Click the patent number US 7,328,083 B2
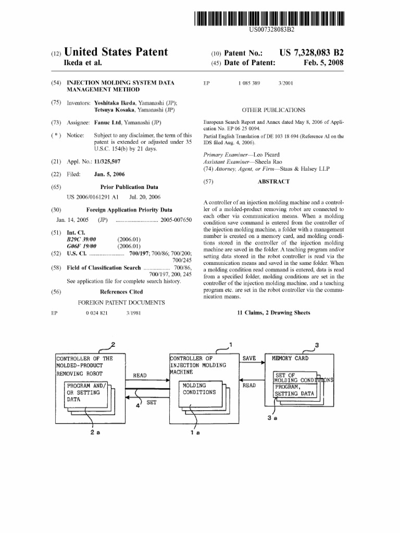311,53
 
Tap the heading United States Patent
116,52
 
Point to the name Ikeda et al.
82,64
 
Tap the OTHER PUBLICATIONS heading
273,110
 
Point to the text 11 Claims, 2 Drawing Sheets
273,313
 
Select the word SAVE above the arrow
249,358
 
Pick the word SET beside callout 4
151,402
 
